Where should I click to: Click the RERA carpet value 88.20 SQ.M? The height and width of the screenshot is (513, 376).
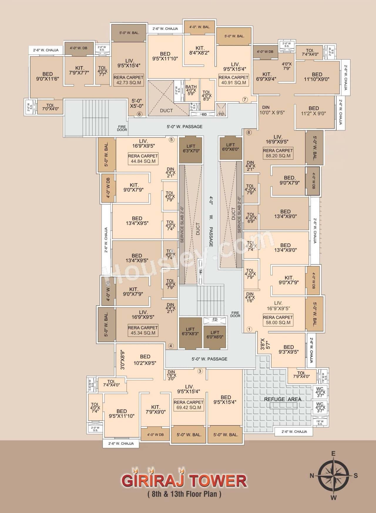pyautogui.click(x=278, y=156)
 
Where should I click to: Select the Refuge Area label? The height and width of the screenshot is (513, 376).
pyautogui.click(x=283, y=399)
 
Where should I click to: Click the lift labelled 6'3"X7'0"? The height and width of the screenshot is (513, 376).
pyautogui.click(x=191, y=149)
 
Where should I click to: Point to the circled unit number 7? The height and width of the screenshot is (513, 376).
pyautogui.click(x=245, y=99)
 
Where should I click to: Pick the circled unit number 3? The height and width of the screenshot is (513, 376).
pyautogui.click(x=200, y=371)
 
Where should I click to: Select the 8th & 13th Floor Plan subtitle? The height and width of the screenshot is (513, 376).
pyautogui.click(x=184, y=494)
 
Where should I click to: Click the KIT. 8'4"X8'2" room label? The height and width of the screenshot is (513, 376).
pyautogui.click(x=200, y=50)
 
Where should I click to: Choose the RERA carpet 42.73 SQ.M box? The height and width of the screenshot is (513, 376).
pyautogui.click(x=129, y=80)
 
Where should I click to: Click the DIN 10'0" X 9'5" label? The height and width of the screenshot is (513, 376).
pyautogui.click(x=272, y=110)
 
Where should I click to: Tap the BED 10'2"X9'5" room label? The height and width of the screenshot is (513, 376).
pyautogui.click(x=145, y=360)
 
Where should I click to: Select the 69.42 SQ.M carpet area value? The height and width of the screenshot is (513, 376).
pyautogui.click(x=189, y=407)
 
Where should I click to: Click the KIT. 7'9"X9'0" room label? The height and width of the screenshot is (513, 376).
pyautogui.click(x=155, y=409)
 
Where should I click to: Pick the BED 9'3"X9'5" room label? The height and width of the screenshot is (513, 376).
pyautogui.click(x=288, y=349)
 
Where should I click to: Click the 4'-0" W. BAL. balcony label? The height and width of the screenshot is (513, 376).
pyautogui.click(x=199, y=27)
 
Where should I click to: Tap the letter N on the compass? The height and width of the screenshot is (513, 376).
pyautogui.click(x=312, y=476)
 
